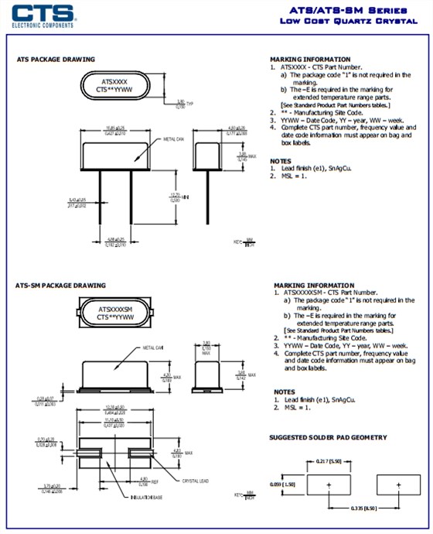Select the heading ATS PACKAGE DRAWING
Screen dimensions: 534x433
(56, 60)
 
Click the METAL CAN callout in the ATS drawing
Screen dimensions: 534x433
(174, 139)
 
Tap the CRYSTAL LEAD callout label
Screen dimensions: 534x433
(195, 481)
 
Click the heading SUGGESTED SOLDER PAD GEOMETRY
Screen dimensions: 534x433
(328, 437)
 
